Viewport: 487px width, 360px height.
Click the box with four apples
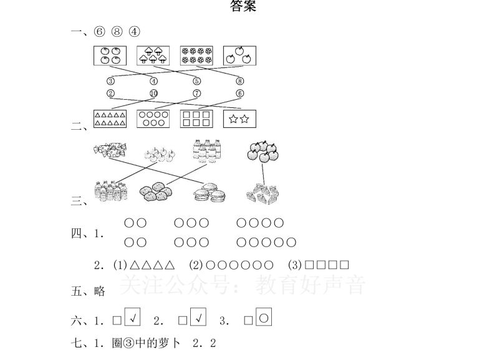[110, 56]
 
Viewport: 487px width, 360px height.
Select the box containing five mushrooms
[153, 56]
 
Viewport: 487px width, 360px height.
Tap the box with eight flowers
[196, 56]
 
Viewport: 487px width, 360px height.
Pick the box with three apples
[239, 56]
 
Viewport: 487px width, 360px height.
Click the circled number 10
[153, 94]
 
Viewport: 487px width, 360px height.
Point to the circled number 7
[197, 94]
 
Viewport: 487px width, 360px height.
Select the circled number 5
[197, 81]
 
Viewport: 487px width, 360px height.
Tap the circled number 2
[110, 94]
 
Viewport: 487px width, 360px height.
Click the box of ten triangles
[110, 119]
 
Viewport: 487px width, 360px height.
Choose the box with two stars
[239, 119]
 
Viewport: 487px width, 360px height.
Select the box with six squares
[196, 119]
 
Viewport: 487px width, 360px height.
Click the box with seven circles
[153, 119]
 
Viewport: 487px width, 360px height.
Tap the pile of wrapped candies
[109, 150]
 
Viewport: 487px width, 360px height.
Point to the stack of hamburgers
[210, 193]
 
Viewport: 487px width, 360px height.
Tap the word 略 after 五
[99, 291]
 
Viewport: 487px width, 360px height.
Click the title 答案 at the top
[243, 7]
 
